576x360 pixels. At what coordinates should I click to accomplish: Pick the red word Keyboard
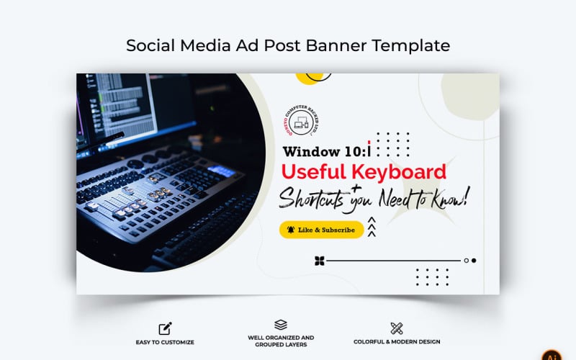point(400,173)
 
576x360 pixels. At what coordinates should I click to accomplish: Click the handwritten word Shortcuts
point(312,198)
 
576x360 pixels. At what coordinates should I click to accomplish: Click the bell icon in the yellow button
point(290,230)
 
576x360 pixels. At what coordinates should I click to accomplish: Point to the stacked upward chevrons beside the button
point(372,228)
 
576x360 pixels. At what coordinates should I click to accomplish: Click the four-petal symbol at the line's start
point(320,261)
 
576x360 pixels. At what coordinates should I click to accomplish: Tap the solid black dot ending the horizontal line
point(473,261)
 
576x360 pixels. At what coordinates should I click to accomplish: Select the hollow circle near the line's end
point(466,261)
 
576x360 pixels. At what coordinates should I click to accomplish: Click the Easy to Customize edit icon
point(165,328)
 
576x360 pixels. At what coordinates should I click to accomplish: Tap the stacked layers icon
point(281,325)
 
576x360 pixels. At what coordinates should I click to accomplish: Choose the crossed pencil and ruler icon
point(397,328)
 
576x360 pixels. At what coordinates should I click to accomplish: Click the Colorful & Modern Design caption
point(397,342)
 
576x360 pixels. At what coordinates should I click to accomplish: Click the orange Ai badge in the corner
point(552,354)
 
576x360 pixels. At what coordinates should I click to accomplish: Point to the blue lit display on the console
point(221,171)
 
